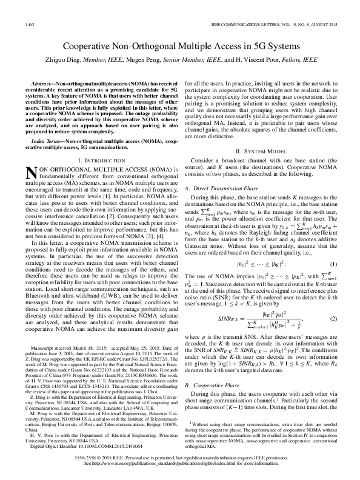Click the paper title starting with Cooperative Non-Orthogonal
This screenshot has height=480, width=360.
180,47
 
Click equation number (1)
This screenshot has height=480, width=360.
333,265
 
